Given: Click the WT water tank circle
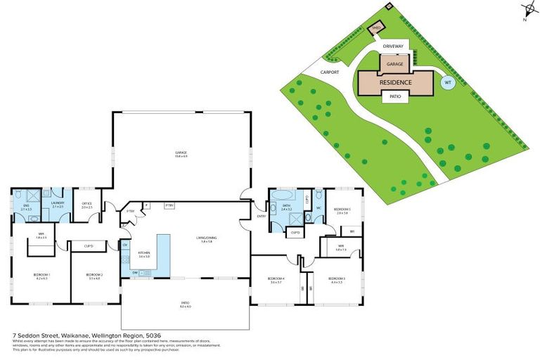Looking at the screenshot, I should [446, 82].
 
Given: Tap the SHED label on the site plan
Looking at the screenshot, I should [376, 28].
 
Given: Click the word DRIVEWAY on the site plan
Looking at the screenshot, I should [394, 46].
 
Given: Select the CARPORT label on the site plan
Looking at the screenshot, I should [330, 72].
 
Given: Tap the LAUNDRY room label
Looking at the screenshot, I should [58, 203].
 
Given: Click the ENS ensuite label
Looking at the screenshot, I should [26, 206].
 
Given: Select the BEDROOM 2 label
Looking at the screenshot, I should [95, 275].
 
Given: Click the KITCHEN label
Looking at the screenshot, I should [144, 255].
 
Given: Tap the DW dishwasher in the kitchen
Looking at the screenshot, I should [134, 272].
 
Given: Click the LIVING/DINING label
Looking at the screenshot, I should [205, 239].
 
